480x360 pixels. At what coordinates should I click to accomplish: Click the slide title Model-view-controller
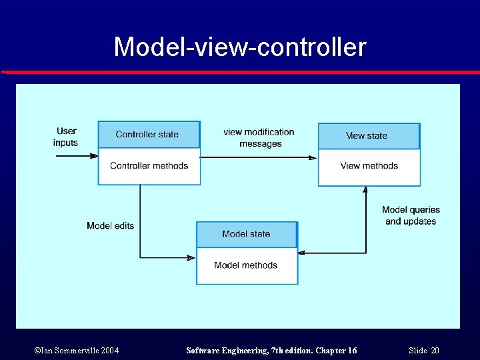pyautogui.click(x=240, y=47)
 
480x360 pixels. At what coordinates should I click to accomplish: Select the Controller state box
pyautogui.click(x=148, y=135)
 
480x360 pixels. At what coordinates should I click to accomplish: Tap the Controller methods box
pyautogui.click(x=149, y=166)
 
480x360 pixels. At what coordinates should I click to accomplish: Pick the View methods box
pyautogui.click(x=369, y=166)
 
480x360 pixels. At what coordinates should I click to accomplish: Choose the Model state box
pyautogui.click(x=246, y=234)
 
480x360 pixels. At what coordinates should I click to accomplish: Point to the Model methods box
pyautogui.click(x=246, y=265)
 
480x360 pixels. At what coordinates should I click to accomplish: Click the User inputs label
pyautogui.click(x=66, y=137)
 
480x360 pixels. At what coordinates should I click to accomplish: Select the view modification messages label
pyautogui.click(x=259, y=138)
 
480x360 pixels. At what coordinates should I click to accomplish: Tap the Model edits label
pyautogui.click(x=110, y=226)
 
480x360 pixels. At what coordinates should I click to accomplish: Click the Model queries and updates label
pyautogui.click(x=411, y=215)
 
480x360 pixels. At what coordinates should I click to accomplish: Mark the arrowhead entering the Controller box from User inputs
pyautogui.click(x=94, y=156)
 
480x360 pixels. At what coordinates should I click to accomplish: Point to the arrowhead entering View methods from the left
pyautogui.click(x=313, y=158)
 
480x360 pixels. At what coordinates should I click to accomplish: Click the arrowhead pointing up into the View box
pyautogui.click(x=365, y=190)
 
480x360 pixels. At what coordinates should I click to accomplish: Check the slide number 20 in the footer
pyautogui.click(x=435, y=351)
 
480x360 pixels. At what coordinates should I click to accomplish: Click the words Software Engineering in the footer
pyautogui.click(x=224, y=351)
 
